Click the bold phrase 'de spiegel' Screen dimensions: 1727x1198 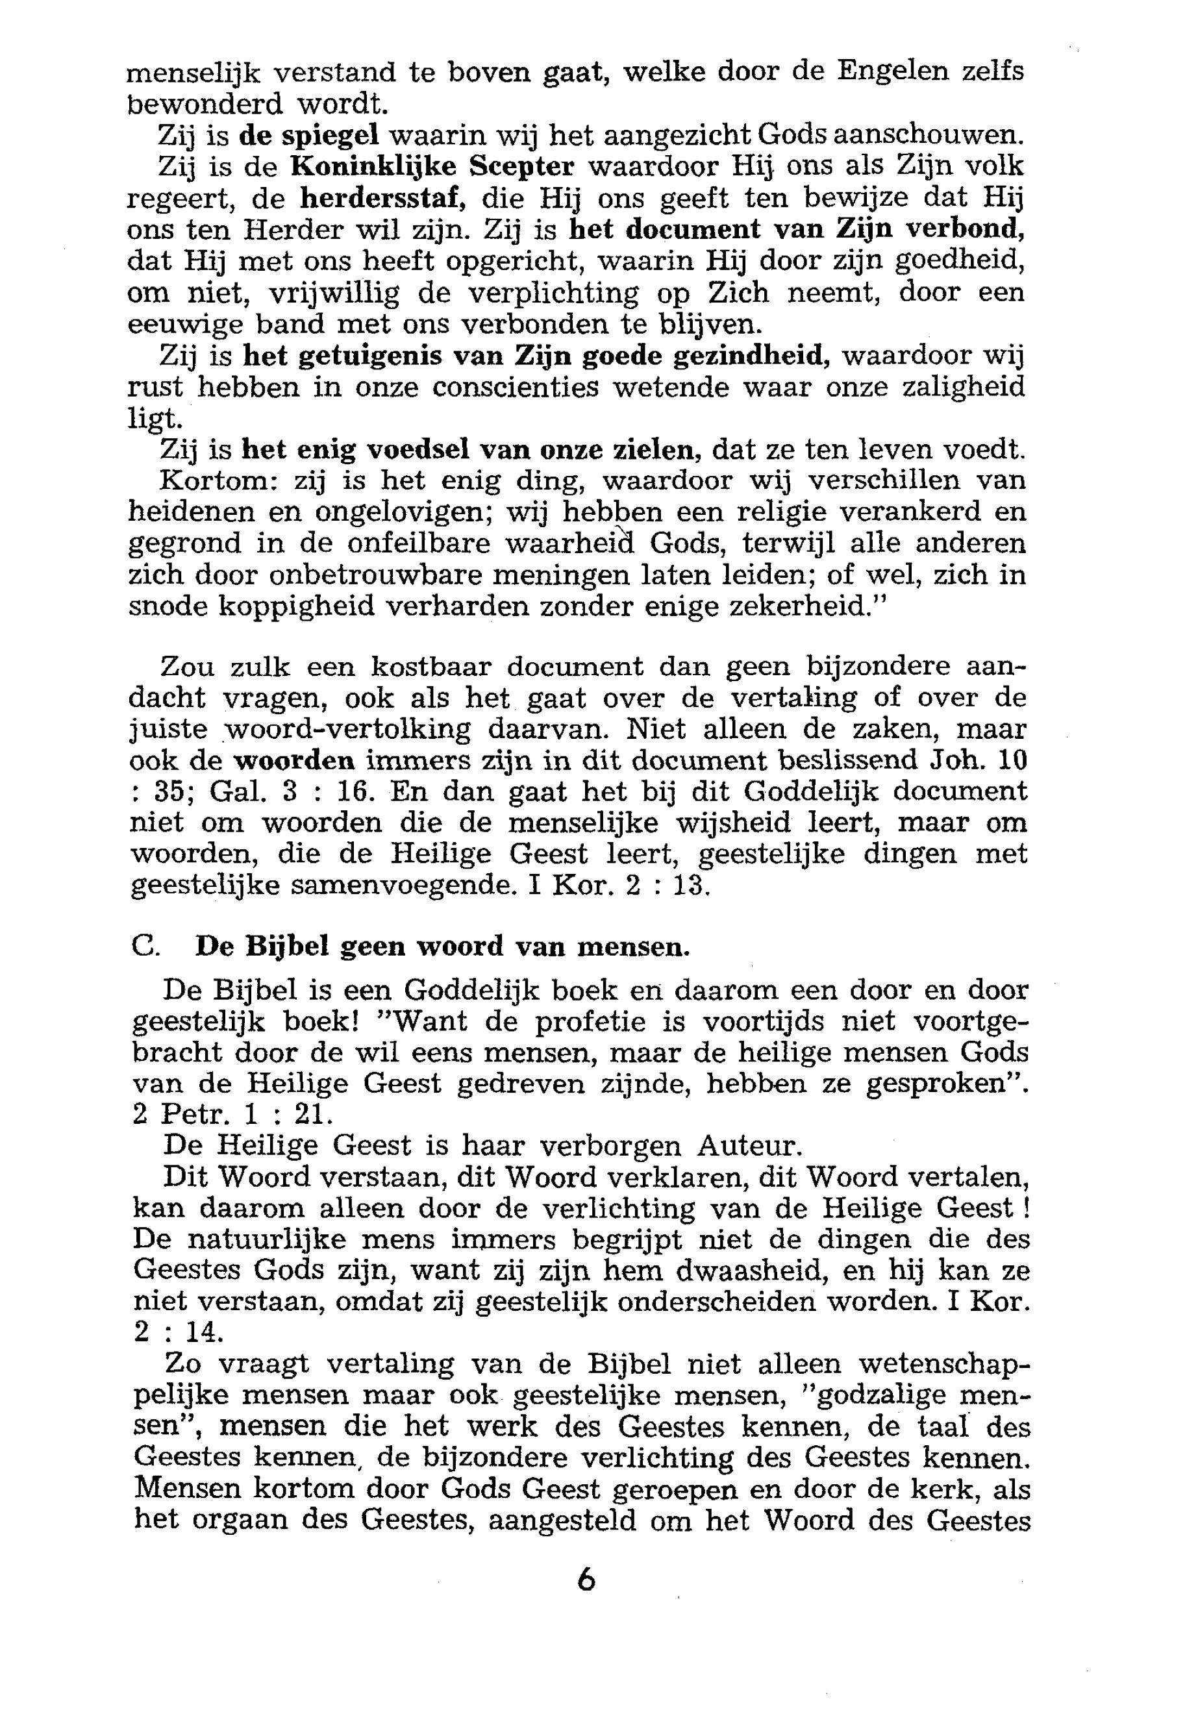click(x=308, y=136)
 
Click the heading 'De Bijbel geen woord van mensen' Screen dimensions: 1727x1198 click(x=442, y=947)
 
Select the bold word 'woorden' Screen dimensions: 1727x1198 click(x=295, y=760)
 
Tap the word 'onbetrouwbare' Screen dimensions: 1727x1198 click(x=367, y=574)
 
